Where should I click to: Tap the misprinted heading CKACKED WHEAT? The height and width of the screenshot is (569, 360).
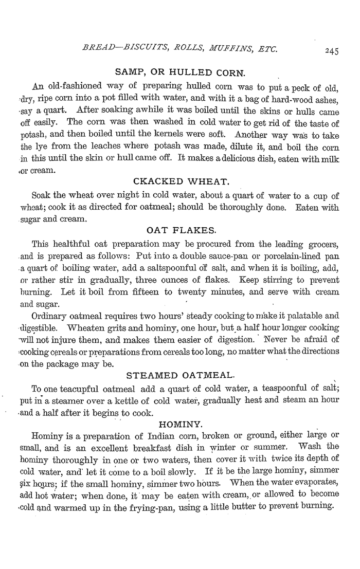pyautogui.click(x=180, y=181)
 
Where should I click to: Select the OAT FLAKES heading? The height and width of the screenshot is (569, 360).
pyautogui.click(x=180, y=229)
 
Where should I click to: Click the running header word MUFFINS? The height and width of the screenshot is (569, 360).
pyautogui.click(x=229, y=50)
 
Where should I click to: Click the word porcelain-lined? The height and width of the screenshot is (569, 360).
pyautogui.click(x=283, y=255)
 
